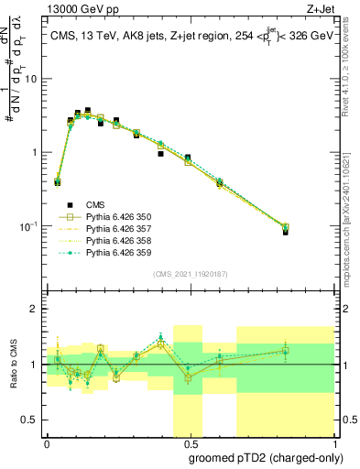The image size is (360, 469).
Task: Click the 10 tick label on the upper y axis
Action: (30, 79)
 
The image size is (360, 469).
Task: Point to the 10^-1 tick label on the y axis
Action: (27, 226)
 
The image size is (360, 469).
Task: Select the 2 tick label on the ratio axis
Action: (33, 309)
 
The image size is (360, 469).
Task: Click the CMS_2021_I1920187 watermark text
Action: (190, 273)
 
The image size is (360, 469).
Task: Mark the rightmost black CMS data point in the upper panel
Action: (286, 232)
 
